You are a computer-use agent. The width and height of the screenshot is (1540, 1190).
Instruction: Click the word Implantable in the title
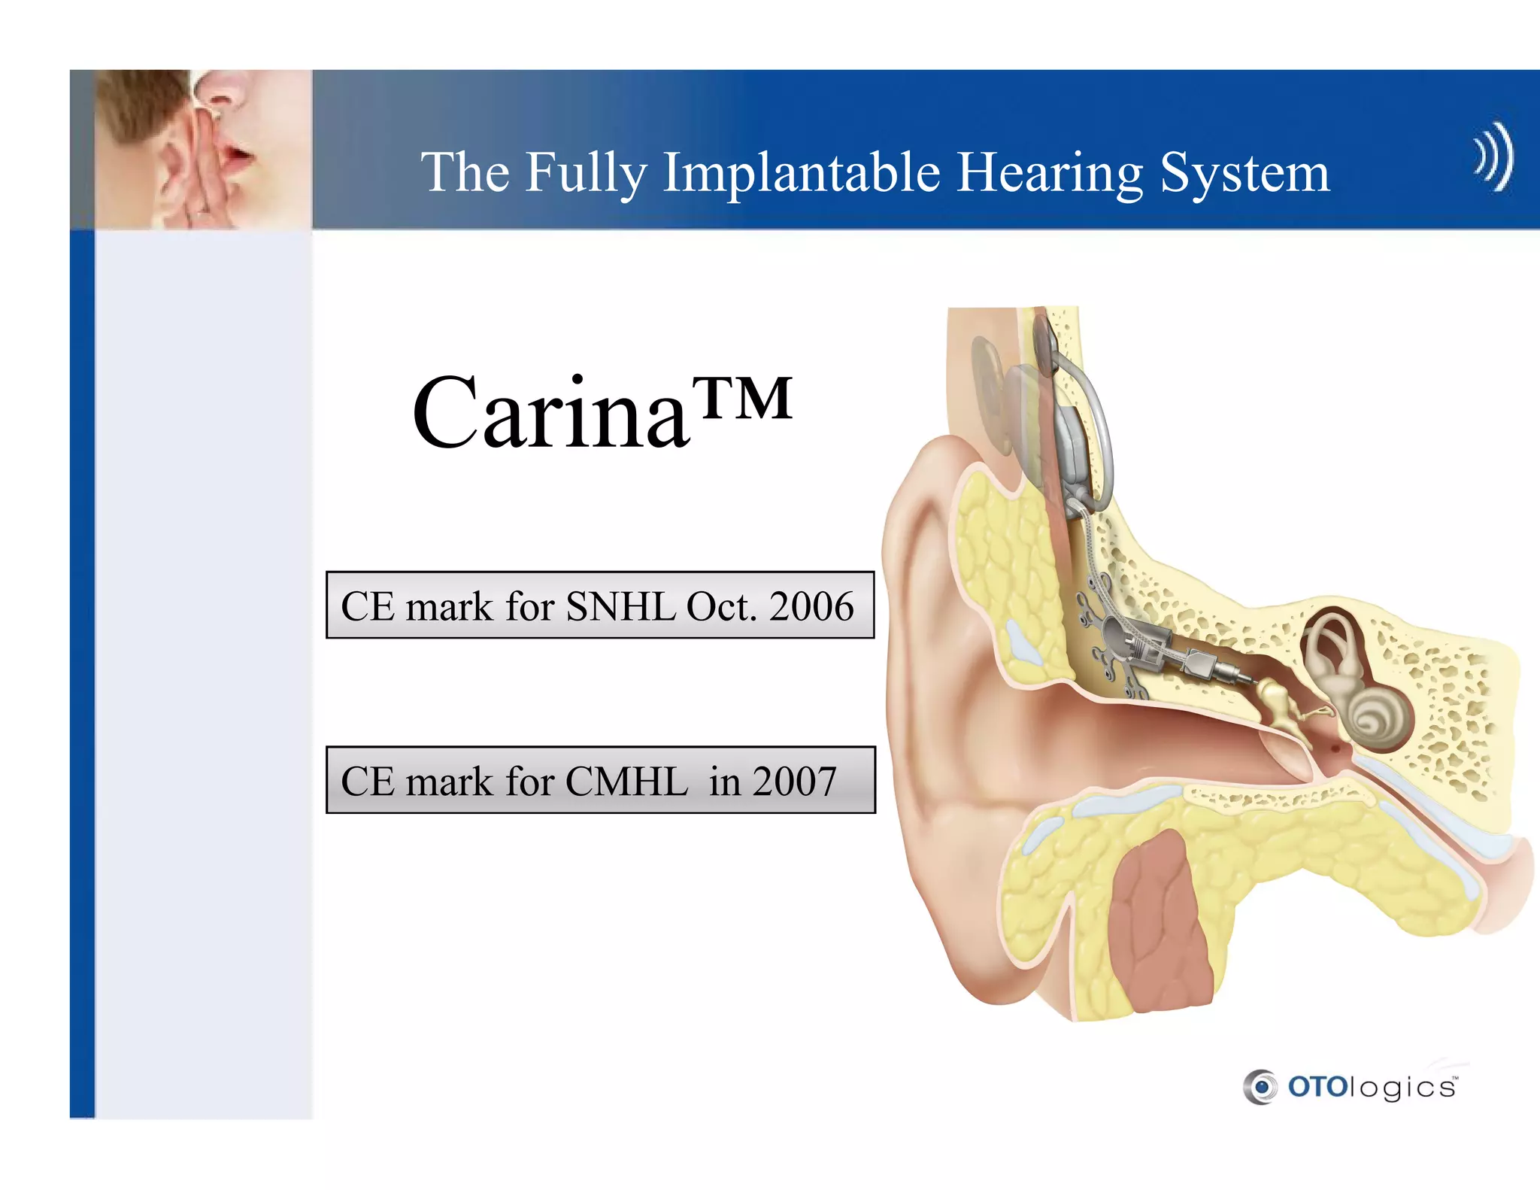[801, 174]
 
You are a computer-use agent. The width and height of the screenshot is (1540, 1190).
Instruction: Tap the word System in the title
[1244, 174]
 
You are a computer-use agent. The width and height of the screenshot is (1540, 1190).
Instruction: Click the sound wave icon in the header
[1493, 156]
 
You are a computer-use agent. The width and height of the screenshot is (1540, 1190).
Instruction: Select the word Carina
[550, 413]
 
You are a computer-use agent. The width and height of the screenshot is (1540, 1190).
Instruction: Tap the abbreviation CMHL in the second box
[626, 781]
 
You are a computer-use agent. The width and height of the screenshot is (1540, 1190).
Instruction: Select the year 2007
[794, 781]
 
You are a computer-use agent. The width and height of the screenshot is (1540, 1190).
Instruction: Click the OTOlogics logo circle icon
[1260, 1087]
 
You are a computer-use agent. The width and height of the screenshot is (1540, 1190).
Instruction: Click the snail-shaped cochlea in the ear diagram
[1372, 718]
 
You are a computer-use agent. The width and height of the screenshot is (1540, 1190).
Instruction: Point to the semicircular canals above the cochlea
[1331, 639]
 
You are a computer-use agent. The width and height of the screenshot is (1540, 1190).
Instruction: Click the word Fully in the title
[586, 174]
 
